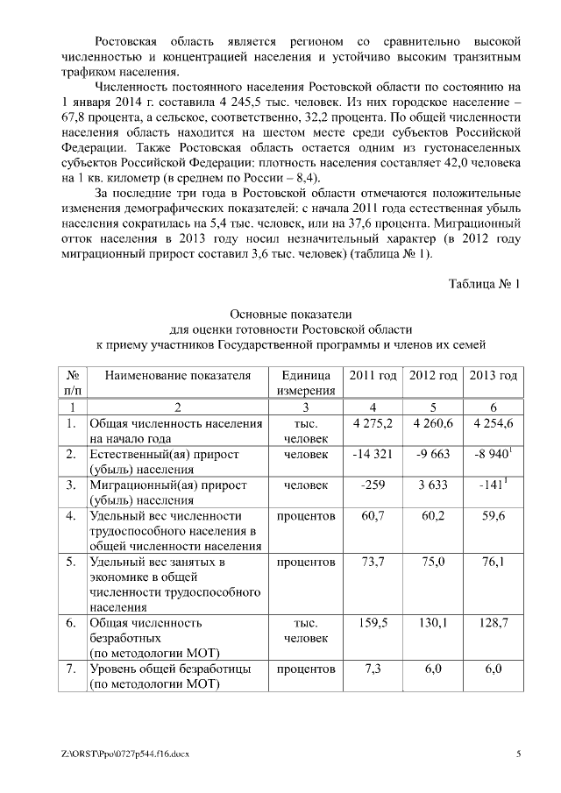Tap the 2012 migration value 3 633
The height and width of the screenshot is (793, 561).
(433, 486)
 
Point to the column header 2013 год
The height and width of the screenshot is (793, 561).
(494, 375)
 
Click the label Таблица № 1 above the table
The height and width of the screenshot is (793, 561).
(484, 284)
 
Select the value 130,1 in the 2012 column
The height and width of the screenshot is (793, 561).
(433, 623)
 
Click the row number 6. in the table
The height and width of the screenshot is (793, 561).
(72, 623)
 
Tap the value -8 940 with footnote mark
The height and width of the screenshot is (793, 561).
(492, 455)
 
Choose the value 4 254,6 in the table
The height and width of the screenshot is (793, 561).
(494, 423)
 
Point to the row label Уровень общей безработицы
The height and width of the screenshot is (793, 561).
(171, 669)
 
